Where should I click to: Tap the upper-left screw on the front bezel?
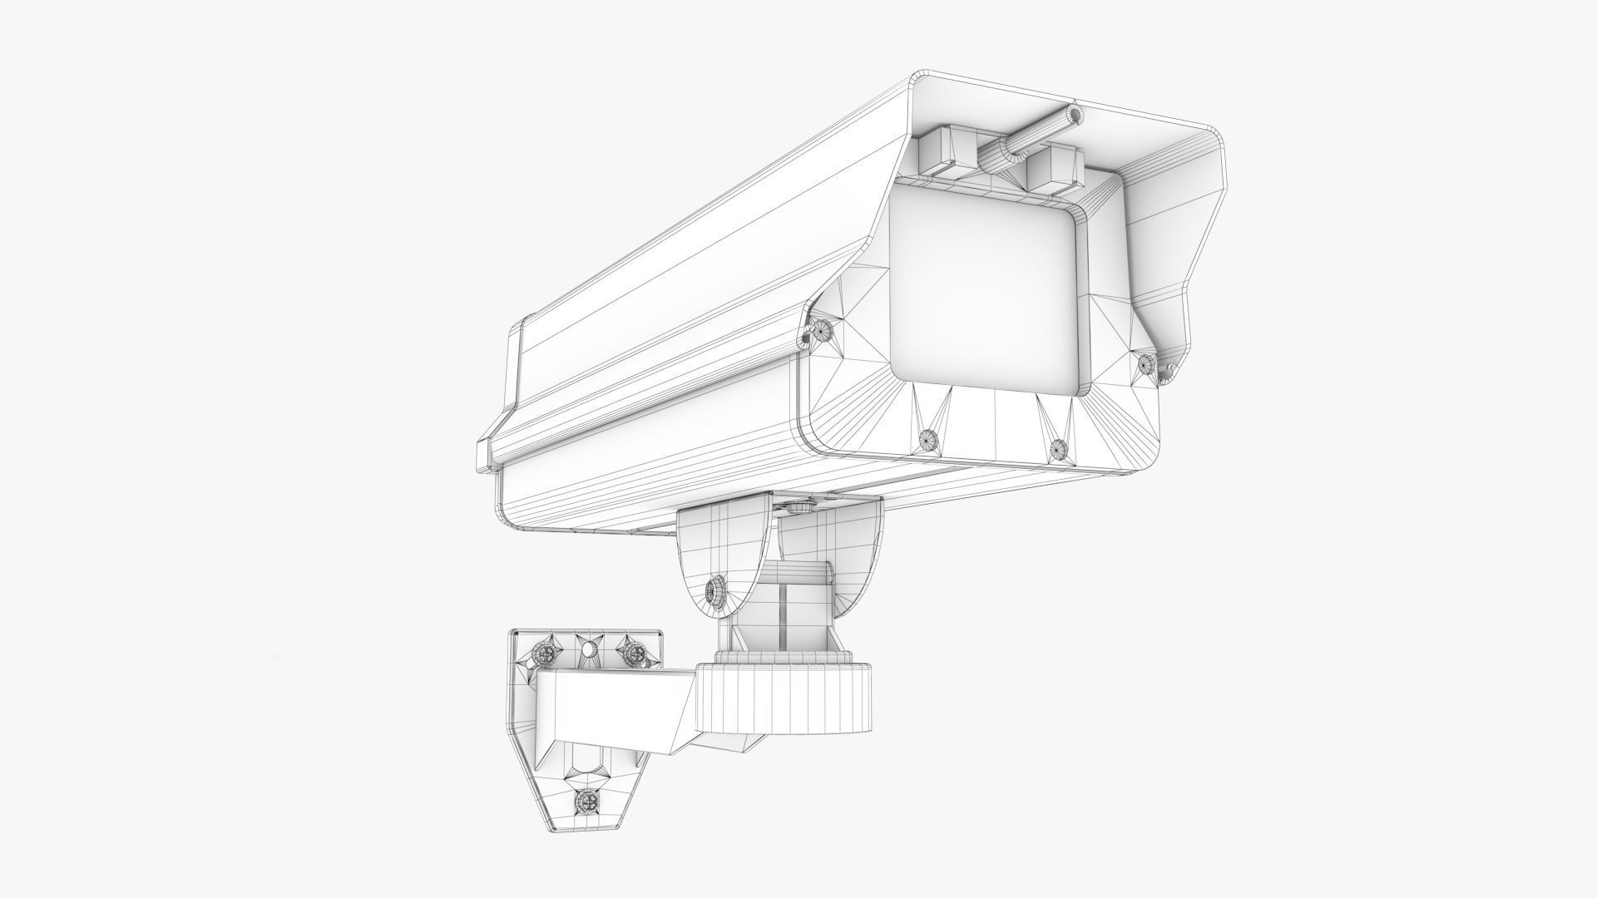click(x=823, y=329)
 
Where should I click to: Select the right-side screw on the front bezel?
click(x=1147, y=361)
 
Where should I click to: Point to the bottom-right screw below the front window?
click(x=1057, y=450)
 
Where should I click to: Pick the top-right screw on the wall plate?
click(x=635, y=654)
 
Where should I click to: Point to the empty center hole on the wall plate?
click(x=588, y=649)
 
